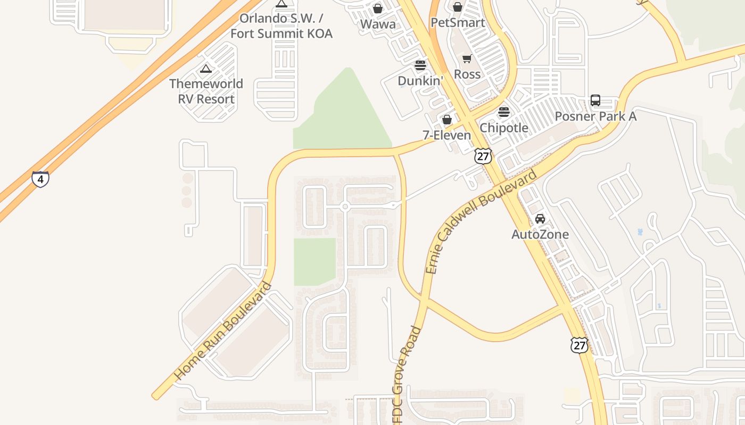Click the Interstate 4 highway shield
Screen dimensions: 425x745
[40, 179]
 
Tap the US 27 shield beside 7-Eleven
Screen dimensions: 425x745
[483, 156]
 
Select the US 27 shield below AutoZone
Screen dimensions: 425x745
[579, 345]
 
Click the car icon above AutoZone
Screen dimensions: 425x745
[540, 219]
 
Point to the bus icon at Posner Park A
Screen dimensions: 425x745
[595, 100]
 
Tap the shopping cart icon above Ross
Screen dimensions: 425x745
[467, 58]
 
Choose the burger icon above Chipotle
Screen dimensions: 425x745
[503, 113]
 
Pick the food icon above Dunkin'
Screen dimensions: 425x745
[420, 65]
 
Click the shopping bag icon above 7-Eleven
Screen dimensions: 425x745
[447, 120]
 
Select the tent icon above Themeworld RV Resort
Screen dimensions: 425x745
[205, 69]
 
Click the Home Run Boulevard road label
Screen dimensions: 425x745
[223, 330]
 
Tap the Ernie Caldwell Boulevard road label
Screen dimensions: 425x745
[481, 222]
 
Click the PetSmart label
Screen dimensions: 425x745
[458, 23]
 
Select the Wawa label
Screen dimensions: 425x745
[378, 24]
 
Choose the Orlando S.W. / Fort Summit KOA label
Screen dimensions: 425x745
[281, 26]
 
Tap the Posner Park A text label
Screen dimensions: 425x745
[595, 116]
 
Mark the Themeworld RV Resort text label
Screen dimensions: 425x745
[206, 91]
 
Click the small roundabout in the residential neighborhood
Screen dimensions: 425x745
[345, 207]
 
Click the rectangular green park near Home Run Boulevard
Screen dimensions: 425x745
[314, 261]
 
